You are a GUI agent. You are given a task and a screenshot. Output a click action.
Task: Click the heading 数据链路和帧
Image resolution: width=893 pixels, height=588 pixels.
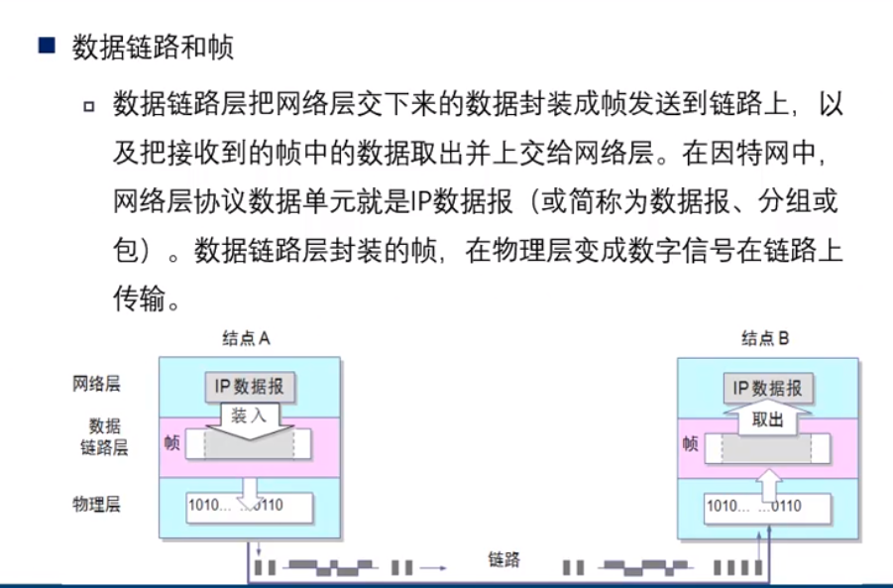[x=153, y=48]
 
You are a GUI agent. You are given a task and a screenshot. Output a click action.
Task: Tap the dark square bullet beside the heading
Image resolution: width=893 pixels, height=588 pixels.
[x=46, y=47]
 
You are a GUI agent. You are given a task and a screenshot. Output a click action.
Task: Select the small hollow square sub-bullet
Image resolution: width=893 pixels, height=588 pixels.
[x=89, y=105]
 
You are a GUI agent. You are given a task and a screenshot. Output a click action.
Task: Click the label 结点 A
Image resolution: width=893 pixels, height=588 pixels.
[x=247, y=338]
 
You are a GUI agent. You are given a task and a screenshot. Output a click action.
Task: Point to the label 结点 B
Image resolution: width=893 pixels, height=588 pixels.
[x=765, y=338]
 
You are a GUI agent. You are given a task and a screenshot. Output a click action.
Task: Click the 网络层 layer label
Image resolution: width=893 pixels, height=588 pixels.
[x=96, y=383]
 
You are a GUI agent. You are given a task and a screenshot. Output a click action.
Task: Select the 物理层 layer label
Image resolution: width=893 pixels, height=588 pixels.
[x=96, y=505]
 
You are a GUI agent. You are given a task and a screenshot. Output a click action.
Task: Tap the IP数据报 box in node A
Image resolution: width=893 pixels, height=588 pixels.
[x=250, y=387]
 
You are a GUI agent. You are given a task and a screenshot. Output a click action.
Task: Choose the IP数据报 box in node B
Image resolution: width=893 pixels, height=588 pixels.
[x=767, y=388]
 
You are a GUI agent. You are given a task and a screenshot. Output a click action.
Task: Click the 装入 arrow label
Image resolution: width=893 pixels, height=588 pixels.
[x=249, y=415]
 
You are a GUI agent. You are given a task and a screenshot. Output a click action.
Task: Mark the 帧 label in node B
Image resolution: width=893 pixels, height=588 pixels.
[x=690, y=444]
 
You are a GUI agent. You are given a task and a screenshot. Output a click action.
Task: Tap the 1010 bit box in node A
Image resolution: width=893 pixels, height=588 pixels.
[x=250, y=507]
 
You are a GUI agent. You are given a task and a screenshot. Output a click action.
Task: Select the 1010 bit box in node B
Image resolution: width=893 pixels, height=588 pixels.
[x=768, y=507]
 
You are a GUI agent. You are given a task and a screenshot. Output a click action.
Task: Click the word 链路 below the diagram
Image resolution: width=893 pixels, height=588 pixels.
[x=503, y=559]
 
